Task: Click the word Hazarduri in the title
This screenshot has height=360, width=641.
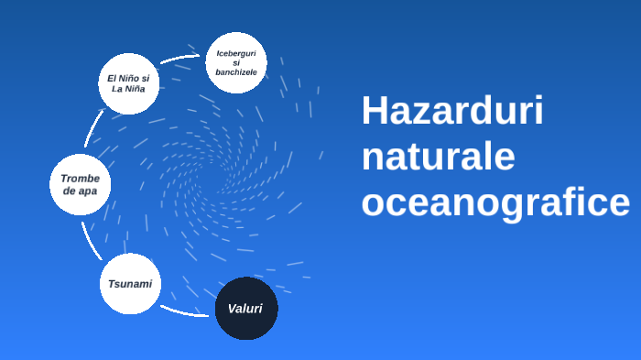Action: coord(452,112)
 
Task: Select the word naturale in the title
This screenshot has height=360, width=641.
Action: coord(438,157)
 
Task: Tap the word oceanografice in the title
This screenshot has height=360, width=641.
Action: coord(495,202)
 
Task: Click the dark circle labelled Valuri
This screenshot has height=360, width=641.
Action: coord(245,309)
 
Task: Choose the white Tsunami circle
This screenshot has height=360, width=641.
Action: coord(130,284)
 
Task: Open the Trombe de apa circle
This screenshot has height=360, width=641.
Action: coord(81,184)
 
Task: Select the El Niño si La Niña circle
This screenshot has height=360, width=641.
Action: coord(128,83)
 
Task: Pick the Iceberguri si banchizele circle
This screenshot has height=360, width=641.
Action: coord(236,62)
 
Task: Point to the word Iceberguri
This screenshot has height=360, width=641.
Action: coord(236,53)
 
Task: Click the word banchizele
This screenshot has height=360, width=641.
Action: coord(236,71)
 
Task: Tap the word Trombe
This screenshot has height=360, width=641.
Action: coord(81,178)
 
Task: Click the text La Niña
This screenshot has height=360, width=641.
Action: coord(128,90)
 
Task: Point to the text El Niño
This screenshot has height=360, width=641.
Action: coord(128,78)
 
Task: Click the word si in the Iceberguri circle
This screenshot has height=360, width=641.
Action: coord(236,62)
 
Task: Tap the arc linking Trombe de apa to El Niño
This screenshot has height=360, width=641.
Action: coord(92,128)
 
